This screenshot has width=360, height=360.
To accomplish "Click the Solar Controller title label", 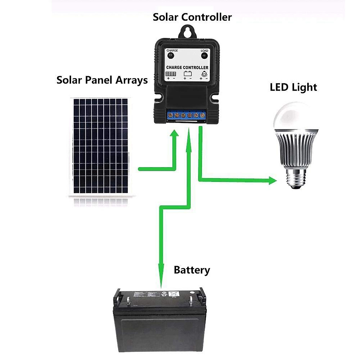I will pyautogui.click(x=192, y=17).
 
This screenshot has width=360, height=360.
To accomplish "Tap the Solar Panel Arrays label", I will pyautogui.click(x=102, y=80).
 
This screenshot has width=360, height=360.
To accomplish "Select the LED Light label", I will pyautogui.click(x=293, y=87).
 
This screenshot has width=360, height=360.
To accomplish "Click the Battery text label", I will pyautogui.click(x=192, y=270).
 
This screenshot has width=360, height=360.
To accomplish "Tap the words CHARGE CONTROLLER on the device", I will pyautogui.click(x=187, y=67).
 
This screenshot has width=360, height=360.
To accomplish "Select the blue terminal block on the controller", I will pyautogui.click(x=186, y=115).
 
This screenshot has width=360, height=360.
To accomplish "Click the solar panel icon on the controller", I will pyautogui.click(x=171, y=74).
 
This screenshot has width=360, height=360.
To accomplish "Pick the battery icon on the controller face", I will pyautogui.click(x=187, y=74).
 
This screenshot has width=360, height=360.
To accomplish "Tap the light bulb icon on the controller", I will pyautogui.click(x=204, y=74).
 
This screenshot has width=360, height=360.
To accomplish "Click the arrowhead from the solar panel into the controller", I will pyautogui.click(x=174, y=133).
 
